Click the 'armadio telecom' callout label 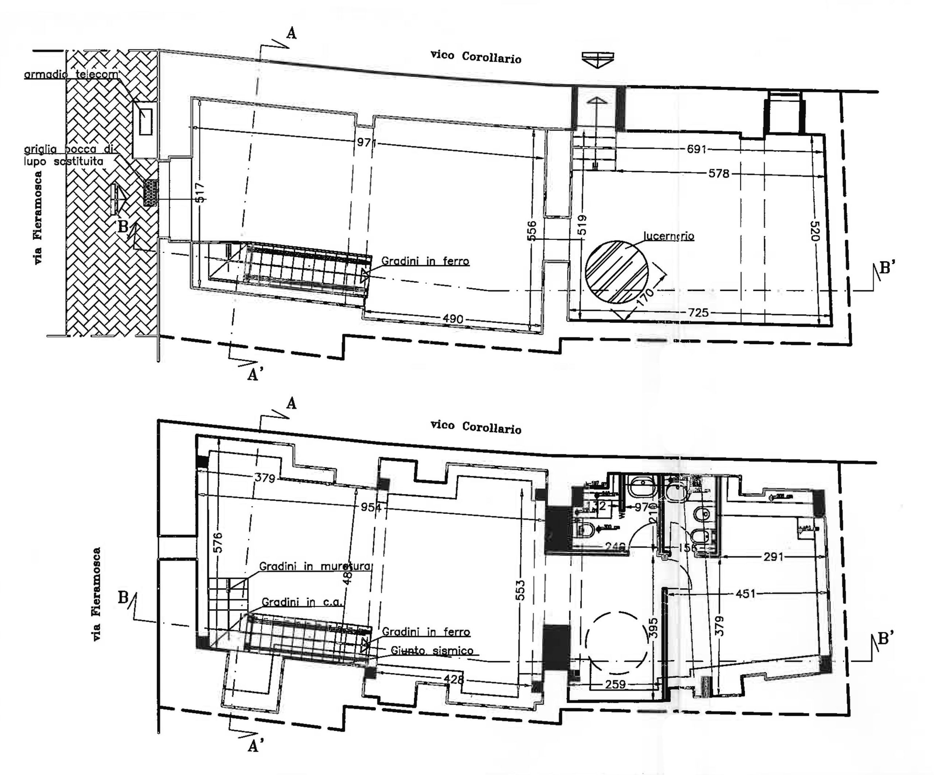[71, 74]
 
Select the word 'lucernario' [668, 236]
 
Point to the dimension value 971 [366, 142]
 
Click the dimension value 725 [698, 312]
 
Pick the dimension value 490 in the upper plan [453, 319]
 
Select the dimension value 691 [696, 149]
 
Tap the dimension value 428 [454, 679]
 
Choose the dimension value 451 [745, 594]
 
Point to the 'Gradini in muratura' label [314, 566]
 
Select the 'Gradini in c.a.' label [301, 602]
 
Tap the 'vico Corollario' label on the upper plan [475, 57]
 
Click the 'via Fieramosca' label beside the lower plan [97, 594]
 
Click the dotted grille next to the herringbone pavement [150, 193]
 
